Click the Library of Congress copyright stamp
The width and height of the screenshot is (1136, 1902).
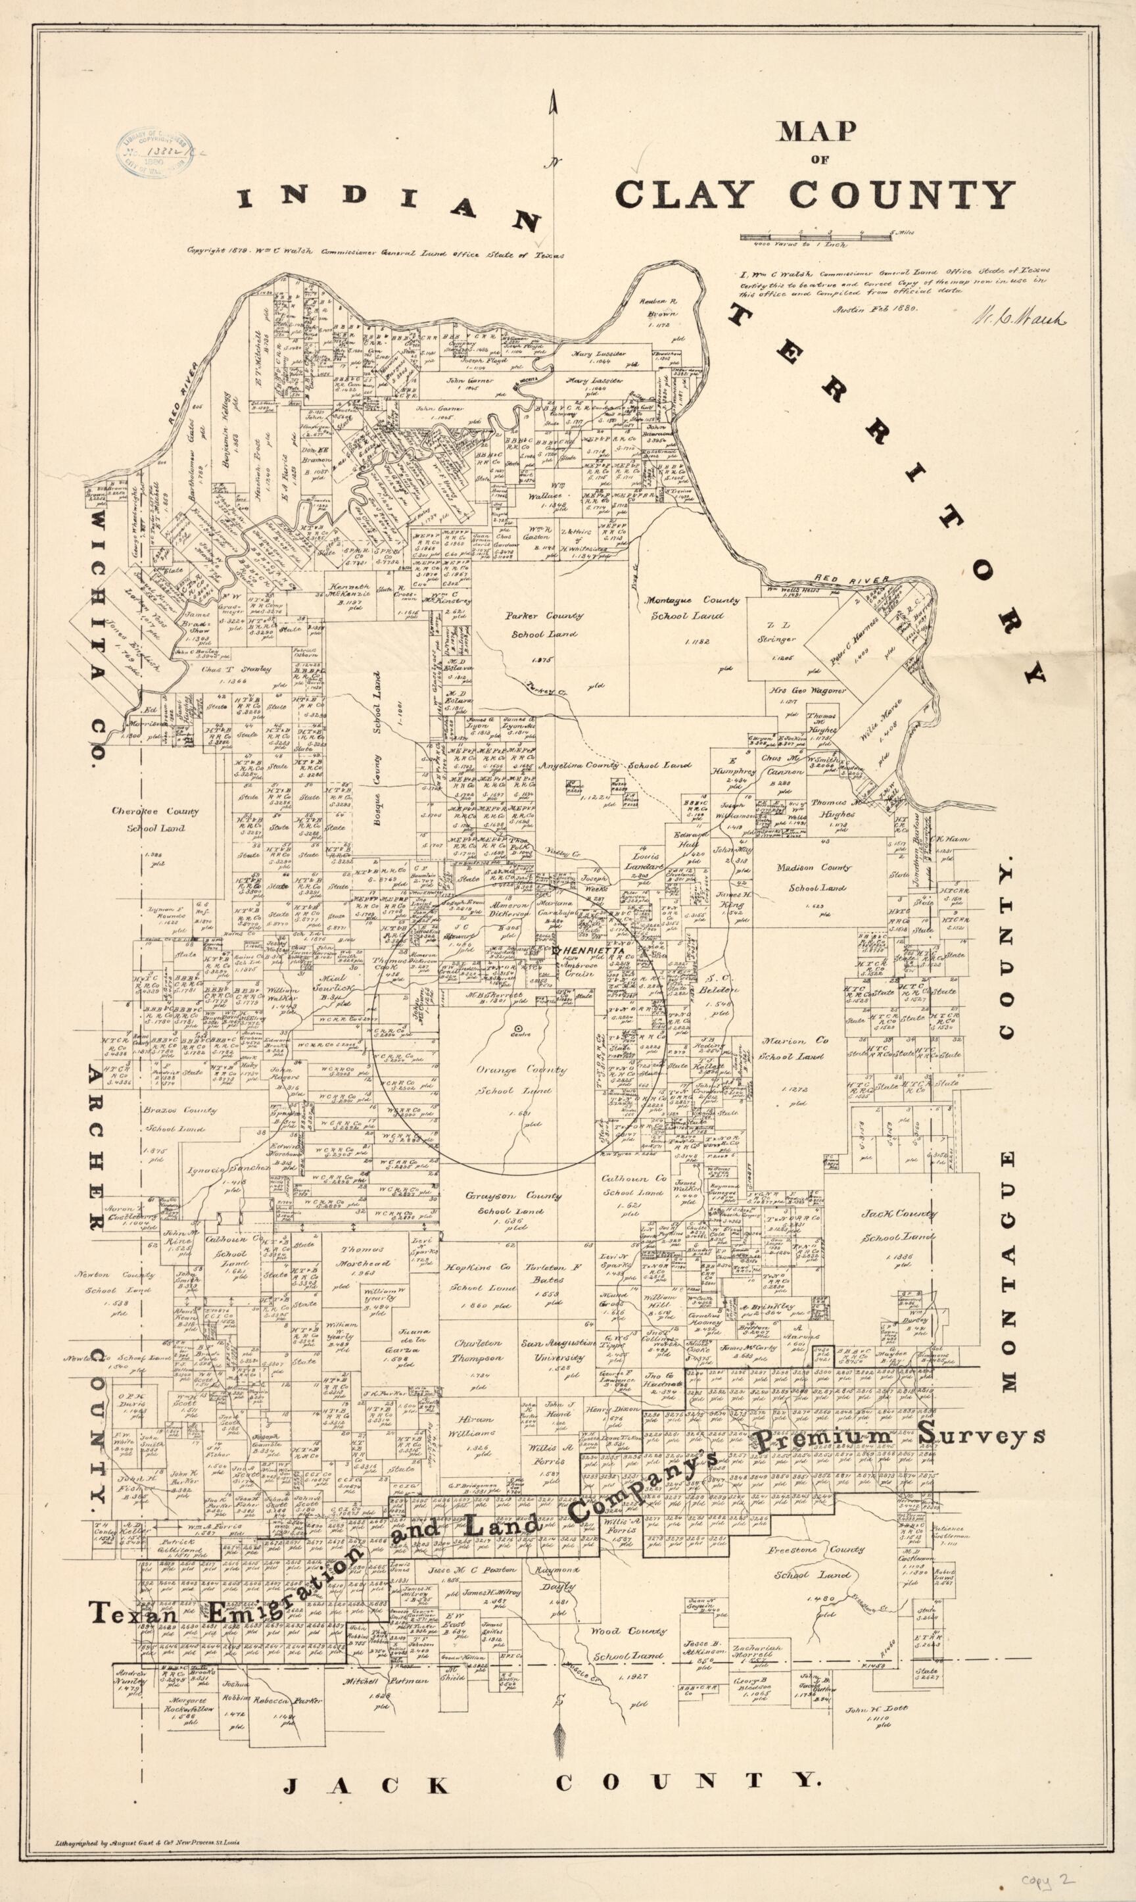[x=154, y=152]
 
